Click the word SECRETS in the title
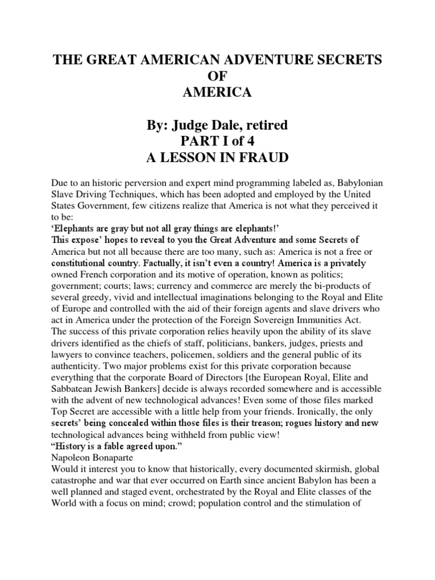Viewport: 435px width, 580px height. [x=339, y=61]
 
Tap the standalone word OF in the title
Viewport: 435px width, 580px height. [x=218, y=76]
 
